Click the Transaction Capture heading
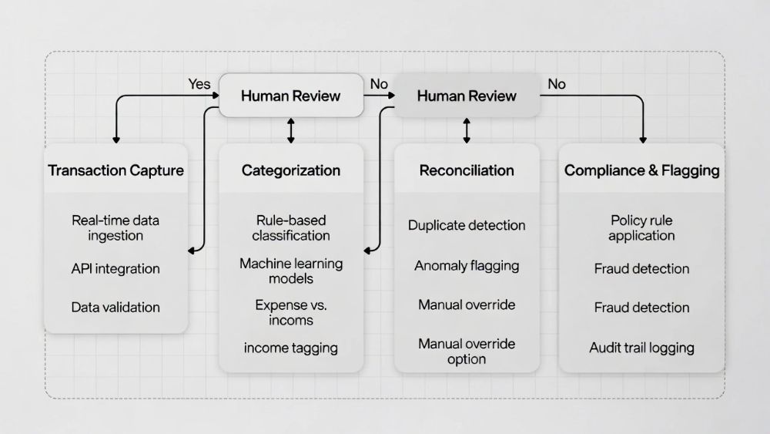(x=115, y=170)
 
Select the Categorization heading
(x=291, y=170)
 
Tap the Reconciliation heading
(x=467, y=170)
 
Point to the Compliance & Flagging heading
(x=641, y=170)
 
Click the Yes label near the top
(x=199, y=84)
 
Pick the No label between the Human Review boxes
(x=378, y=84)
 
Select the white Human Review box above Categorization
(x=291, y=96)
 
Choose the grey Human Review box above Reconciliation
(x=467, y=96)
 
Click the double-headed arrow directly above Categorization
(x=291, y=130)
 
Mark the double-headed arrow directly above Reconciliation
(x=467, y=130)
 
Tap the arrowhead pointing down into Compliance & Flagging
(x=643, y=139)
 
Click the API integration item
(x=115, y=269)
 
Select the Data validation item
(x=115, y=307)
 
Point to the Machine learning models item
(x=291, y=271)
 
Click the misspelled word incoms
(x=291, y=320)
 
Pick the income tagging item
(x=291, y=348)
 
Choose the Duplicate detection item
(x=467, y=226)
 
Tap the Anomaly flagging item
(x=467, y=266)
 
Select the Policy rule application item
(x=641, y=228)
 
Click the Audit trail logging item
(x=641, y=348)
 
